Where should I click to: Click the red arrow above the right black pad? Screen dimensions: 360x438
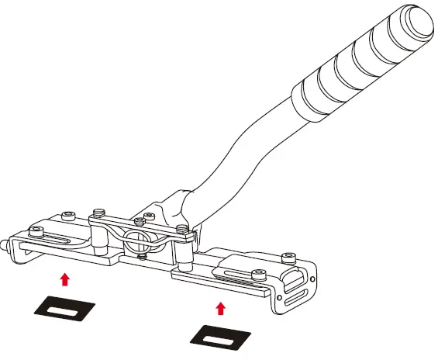point(221,309)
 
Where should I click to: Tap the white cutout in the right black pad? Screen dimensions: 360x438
point(222,337)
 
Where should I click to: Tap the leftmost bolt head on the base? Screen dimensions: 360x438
point(36,229)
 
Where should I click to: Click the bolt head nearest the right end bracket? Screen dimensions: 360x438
point(289,256)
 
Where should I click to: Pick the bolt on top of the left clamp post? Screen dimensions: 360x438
point(98,212)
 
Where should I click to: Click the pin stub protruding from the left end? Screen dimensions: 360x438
point(6,244)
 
